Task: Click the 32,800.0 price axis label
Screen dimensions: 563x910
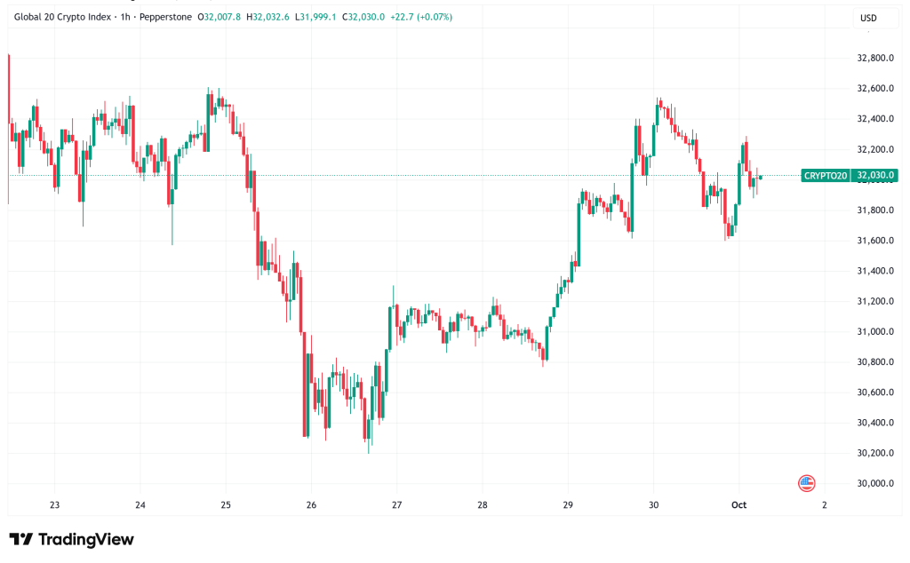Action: tap(874, 59)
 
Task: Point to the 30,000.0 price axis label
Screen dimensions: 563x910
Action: tap(874, 483)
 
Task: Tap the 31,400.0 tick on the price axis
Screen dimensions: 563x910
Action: tap(874, 271)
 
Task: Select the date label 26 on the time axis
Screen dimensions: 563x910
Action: tap(311, 504)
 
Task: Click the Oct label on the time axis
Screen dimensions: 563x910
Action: tap(738, 504)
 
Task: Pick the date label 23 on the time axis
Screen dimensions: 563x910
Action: tap(55, 504)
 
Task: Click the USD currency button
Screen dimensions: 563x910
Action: tap(867, 18)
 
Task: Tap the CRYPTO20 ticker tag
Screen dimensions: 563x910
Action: tap(826, 176)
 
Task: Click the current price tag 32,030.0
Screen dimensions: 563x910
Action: tap(874, 176)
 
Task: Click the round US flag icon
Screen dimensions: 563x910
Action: tap(806, 483)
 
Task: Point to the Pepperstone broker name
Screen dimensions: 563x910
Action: tap(174, 17)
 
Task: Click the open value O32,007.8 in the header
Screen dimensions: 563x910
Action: tap(222, 17)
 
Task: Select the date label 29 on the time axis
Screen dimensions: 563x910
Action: tap(568, 504)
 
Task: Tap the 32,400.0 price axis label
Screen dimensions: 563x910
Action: tap(874, 119)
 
